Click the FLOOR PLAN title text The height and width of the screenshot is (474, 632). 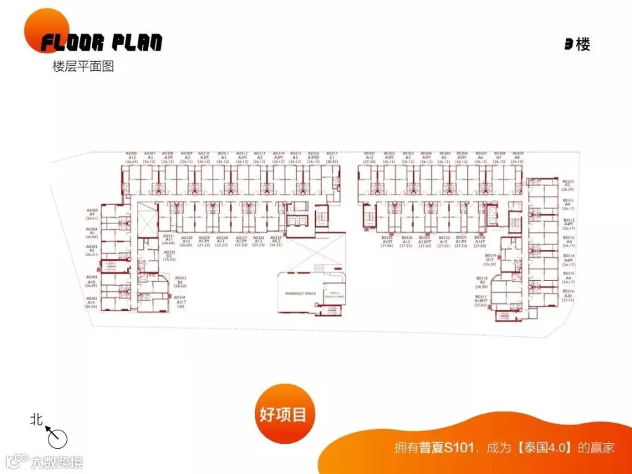tap(101, 43)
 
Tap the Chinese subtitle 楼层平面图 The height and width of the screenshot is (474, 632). tap(83, 67)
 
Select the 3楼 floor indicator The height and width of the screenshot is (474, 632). tap(577, 44)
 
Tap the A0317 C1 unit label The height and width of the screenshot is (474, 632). tap(332, 157)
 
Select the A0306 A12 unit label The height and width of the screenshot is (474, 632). tap(131, 157)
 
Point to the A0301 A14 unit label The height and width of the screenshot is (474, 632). tap(92, 302)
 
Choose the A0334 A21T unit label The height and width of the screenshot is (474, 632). tap(181, 302)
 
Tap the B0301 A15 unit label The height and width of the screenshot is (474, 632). tap(370, 157)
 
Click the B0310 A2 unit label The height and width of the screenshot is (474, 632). tap(568, 185)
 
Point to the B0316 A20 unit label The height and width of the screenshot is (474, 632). tap(568, 295)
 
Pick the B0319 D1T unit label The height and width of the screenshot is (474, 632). tap(491, 259)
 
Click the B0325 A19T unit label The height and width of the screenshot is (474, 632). tap(388, 242)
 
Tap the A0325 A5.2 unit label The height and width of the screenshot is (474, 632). tap(276, 241)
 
